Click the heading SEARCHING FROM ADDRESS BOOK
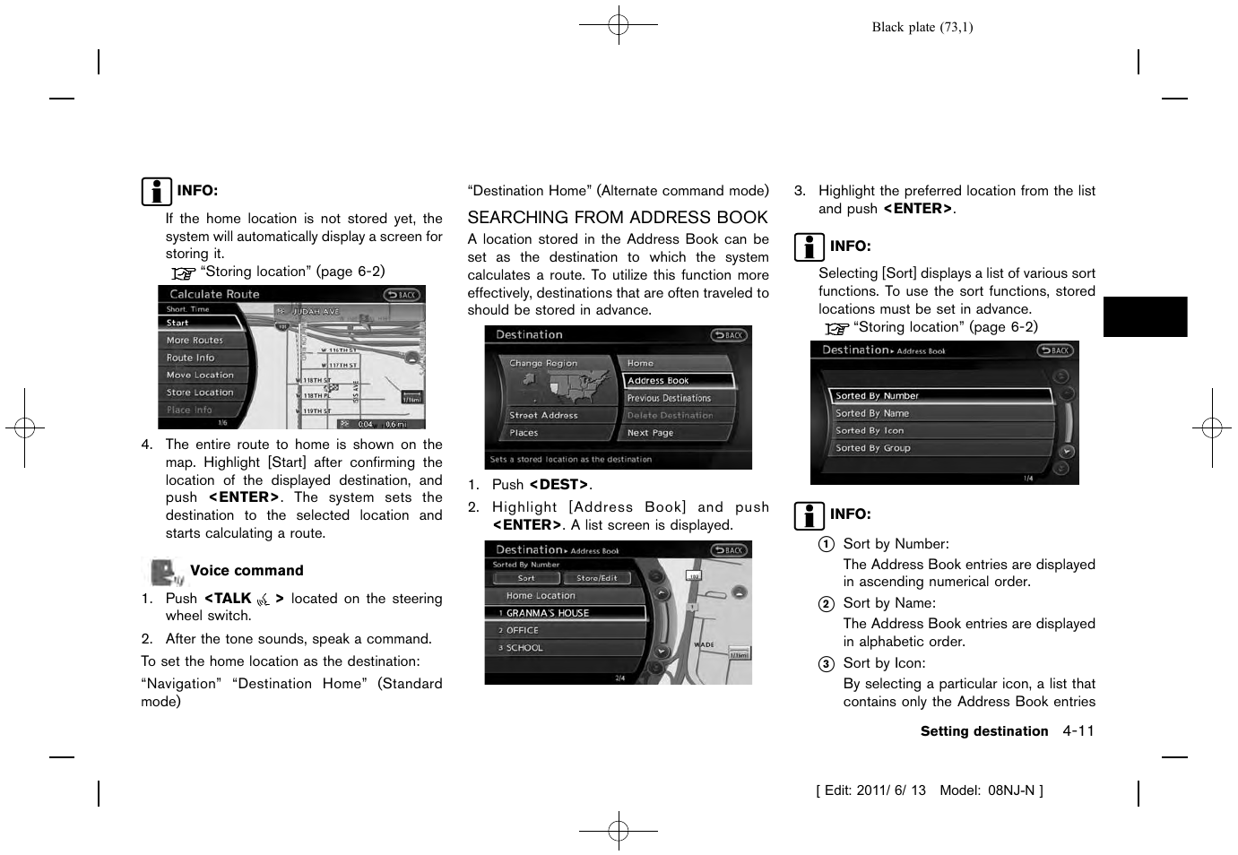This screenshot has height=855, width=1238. tap(618, 218)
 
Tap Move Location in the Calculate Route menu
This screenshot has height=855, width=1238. tap(200, 376)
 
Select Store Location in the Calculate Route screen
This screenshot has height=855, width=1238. tap(200, 393)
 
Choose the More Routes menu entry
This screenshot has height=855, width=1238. tap(195, 341)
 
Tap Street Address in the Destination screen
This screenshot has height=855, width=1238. tap(544, 416)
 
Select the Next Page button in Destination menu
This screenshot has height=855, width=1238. tap(651, 433)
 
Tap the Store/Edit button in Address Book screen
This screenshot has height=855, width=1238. tap(597, 578)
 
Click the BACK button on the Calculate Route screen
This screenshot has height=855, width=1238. tap(402, 295)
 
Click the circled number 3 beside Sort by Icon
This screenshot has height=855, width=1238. tap(826, 664)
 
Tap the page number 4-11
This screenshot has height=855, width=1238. tap(1078, 731)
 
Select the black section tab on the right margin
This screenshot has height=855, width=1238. tap(1145, 316)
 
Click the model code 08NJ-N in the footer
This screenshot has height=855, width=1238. tap(1011, 790)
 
